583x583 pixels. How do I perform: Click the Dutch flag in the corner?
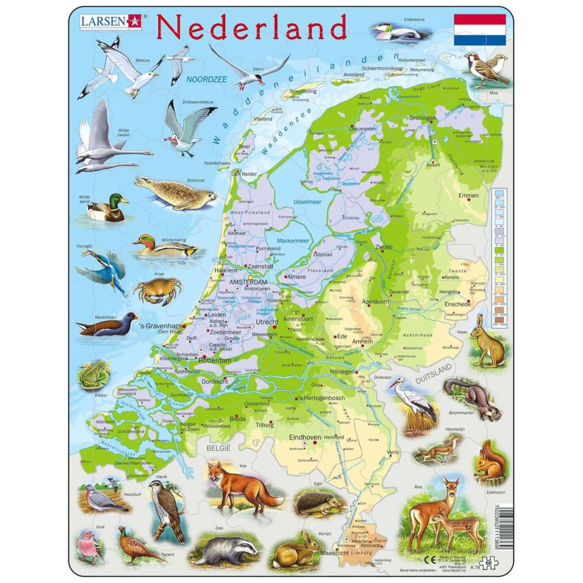[480, 30]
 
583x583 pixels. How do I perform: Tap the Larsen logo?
[111, 21]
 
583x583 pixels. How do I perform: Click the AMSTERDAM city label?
[248, 282]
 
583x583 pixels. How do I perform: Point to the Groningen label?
[422, 118]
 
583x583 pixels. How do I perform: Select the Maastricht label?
[334, 552]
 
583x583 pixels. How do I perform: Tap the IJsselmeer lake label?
[307, 202]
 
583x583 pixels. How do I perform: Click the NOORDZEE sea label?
[206, 79]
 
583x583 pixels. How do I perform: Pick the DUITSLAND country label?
[433, 374]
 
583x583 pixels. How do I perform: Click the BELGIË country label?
[218, 448]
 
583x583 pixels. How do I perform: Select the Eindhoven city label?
[305, 437]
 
